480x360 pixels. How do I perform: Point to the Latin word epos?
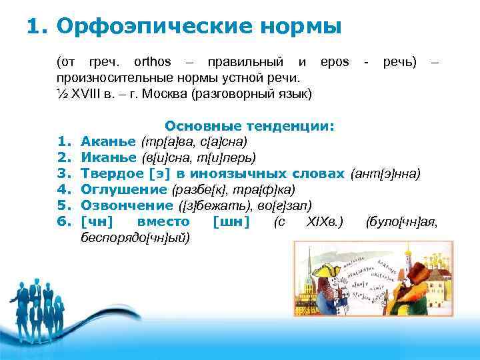pyautogui.click(x=334, y=62)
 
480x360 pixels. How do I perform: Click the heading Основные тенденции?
pyautogui.click(x=249, y=126)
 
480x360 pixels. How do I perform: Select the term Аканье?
pyautogui.click(x=109, y=141)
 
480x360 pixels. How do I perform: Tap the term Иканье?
pyautogui.click(x=109, y=157)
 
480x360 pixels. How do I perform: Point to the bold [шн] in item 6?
pyautogui.click(x=231, y=221)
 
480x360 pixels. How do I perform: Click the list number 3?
pyautogui.click(x=64, y=173)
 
